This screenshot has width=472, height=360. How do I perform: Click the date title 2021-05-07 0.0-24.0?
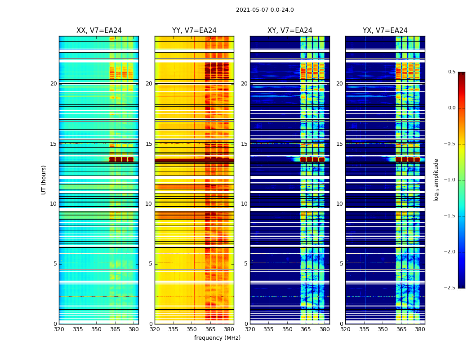coord(265,10)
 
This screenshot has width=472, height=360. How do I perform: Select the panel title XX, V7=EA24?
coord(99,31)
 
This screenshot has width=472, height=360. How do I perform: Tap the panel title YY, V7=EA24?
coord(194,31)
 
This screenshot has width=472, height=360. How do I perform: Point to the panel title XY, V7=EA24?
coord(289,31)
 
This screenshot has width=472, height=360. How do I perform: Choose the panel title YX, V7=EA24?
coord(385,31)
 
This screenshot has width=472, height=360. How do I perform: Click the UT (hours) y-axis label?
coord(44,180)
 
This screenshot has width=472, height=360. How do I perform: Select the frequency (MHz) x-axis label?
coord(217,338)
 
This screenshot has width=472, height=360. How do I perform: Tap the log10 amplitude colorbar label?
coord(436,180)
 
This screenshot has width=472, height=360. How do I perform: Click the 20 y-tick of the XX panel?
coord(53,84)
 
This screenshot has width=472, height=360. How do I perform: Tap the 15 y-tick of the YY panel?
coord(149,144)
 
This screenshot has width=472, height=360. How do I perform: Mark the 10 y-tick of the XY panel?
coord(245,204)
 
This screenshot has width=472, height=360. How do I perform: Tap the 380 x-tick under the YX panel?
coord(420,329)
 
